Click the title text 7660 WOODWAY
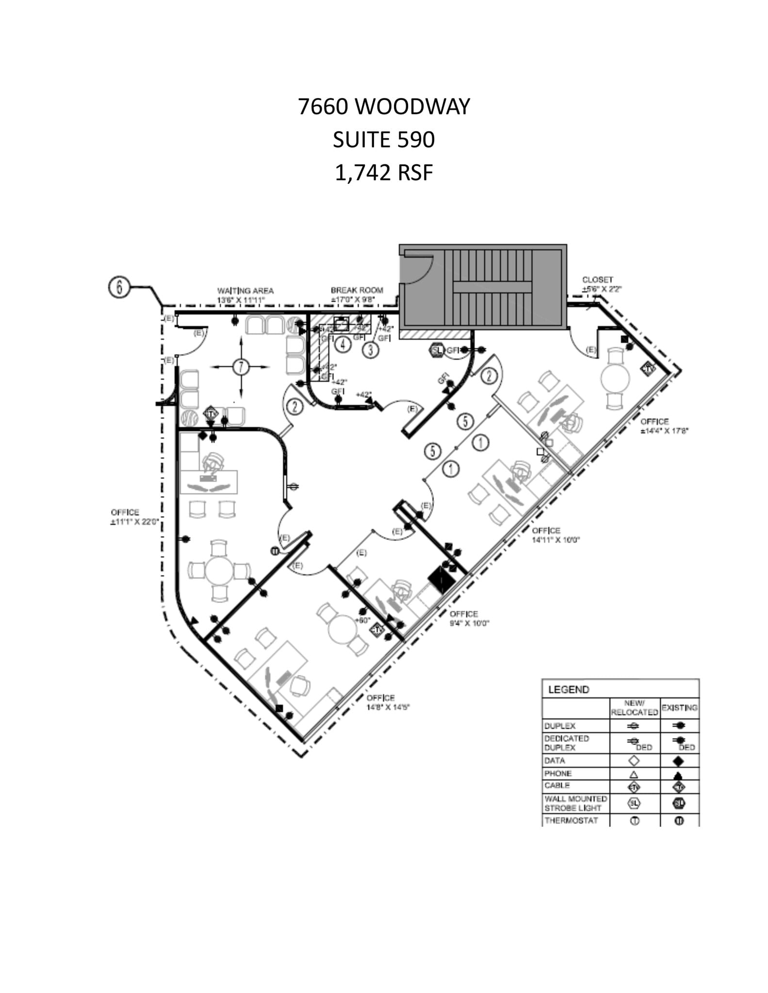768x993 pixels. pos(384,107)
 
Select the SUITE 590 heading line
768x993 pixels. pos(384,140)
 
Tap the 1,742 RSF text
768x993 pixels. pos(384,173)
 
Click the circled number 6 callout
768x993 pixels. pos(118,287)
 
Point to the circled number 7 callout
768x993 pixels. pos(241,367)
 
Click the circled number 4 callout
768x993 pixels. pos(343,345)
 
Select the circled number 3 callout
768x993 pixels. pos(371,349)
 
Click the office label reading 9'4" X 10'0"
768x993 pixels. pos(469,618)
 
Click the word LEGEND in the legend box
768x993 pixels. pos(568,689)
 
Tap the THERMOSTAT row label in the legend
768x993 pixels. pos(571,820)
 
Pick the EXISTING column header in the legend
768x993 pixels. pos(679,708)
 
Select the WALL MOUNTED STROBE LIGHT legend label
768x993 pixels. pos(575,803)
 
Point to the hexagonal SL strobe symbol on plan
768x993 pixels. pos(437,350)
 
